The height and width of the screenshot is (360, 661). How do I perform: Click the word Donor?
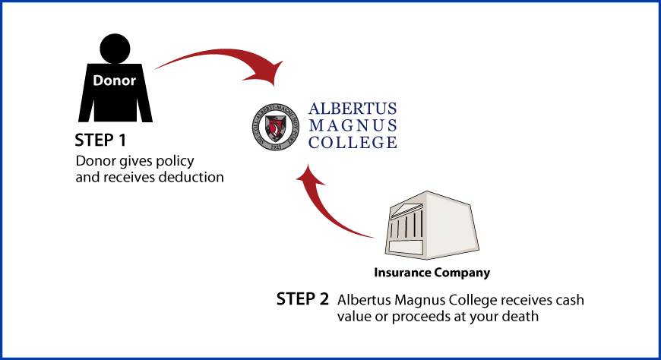(x=114, y=81)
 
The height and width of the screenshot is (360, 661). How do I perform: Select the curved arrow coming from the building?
(x=323, y=209)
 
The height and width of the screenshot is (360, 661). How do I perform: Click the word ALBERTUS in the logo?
(x=353, y=109)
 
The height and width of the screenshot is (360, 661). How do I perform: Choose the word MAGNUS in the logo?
(x=353, y=125)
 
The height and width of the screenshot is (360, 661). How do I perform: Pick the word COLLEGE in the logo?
(x=353, y=142)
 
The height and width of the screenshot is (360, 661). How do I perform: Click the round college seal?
(x=276, y=127)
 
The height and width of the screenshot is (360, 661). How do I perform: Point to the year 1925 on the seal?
(x=276, y=144)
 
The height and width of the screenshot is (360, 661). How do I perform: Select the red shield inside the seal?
(x=276, y=125)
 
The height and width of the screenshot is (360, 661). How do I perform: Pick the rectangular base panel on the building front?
(x=406, y=247)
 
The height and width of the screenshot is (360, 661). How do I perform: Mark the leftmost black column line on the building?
(x=392, y=227)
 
